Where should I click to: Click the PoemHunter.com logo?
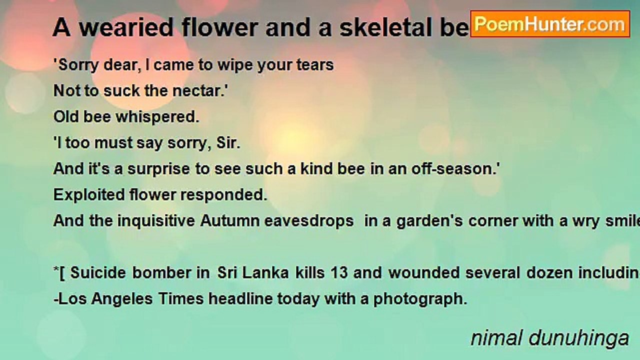550,24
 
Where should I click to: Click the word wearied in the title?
127,28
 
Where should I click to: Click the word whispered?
157,117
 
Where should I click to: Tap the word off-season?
457,169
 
